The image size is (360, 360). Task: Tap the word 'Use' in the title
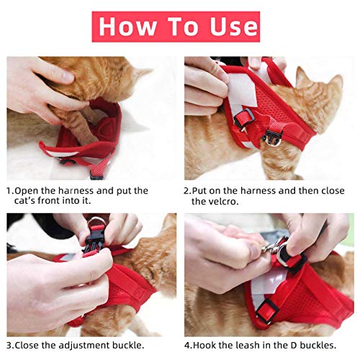(229, 27)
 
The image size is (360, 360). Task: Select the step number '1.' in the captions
(11, 191)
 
